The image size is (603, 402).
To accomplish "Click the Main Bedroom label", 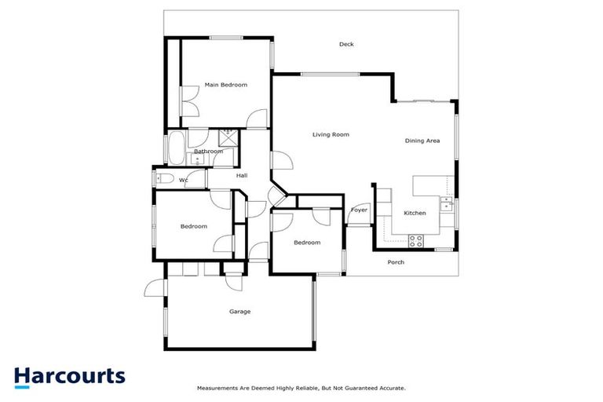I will pyautogui.click(x=225, y=85).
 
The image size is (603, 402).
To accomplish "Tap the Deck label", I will pyautogui.click(x=346, y=45).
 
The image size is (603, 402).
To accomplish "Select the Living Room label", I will pyautogui.click(x=331, y=135).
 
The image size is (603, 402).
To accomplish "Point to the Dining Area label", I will pyautogui.click(x=422, y=141).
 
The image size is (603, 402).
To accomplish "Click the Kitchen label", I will pyautogui.click(x=415, y=214).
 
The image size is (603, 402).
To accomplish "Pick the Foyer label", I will pyautogui.click(x=359, y=210).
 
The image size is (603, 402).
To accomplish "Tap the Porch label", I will pyautogui.click(x=397, y=262).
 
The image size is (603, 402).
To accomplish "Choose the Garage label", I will pyautogui.click(x=239, y=312).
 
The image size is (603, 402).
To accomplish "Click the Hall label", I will pyautogui.click(x=243, y=176).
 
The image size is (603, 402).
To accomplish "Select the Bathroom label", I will pyautogui.click(x=209, y=152).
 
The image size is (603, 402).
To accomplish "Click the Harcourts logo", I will pyautogui.click(x=69, y=376).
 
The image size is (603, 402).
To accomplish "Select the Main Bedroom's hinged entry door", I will pyautogui.click(x=257, y=119).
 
